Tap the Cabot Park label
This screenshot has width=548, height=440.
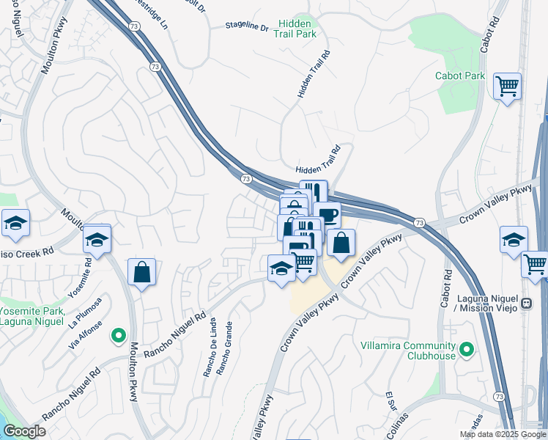pos(460,76)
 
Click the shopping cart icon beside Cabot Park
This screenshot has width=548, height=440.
pos(507,87)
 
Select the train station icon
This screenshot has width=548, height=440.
pos(525,303)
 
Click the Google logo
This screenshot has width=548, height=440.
pos(24,431)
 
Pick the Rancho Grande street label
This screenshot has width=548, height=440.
pos(229,345)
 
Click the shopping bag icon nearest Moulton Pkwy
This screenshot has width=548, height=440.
pos(142,273)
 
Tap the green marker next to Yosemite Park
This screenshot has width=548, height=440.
pos(117,337)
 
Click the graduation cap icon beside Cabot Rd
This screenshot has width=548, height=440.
pos(514,239)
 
